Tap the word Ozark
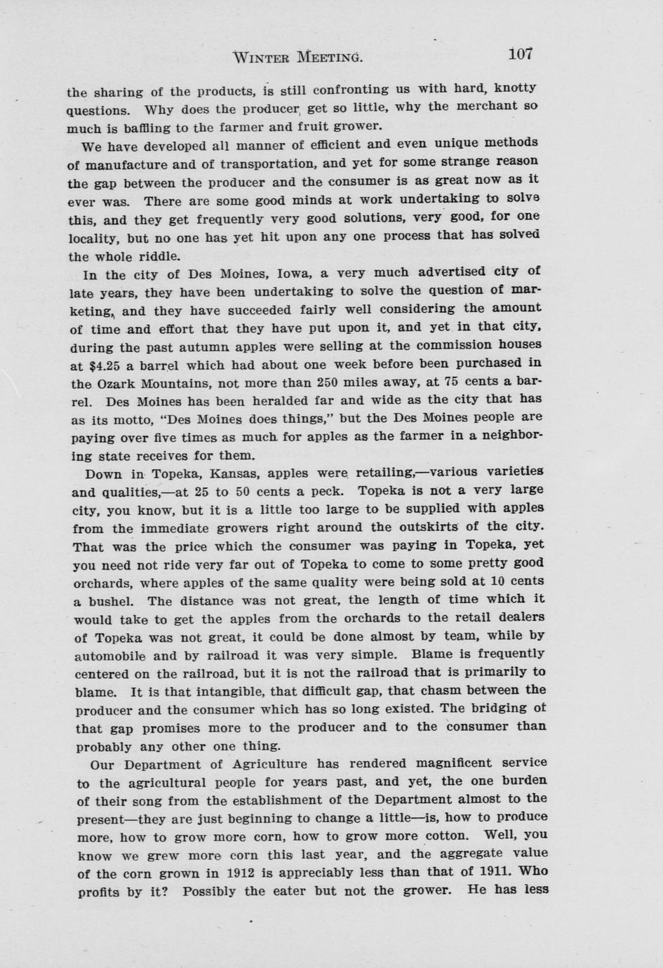(121, 384)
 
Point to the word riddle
(159, 256)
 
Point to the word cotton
(446, 836)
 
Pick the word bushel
(105, 602)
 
